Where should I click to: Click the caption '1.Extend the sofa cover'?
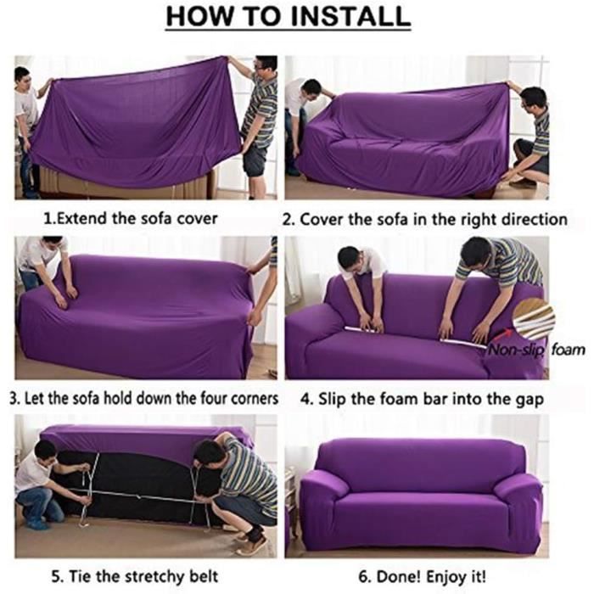[x=131, y=219]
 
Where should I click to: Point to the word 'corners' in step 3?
[x=255, y=399]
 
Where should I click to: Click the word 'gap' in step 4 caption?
[x=530, y=400]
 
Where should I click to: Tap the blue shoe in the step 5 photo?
[x=38, y=524]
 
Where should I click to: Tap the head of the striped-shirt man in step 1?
[x=265, y=67]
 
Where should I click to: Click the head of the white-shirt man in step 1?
[x=22, y=77]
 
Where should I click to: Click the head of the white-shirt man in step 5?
[x=46, y=453]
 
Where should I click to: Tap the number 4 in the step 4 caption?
[x=305, y=400]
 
